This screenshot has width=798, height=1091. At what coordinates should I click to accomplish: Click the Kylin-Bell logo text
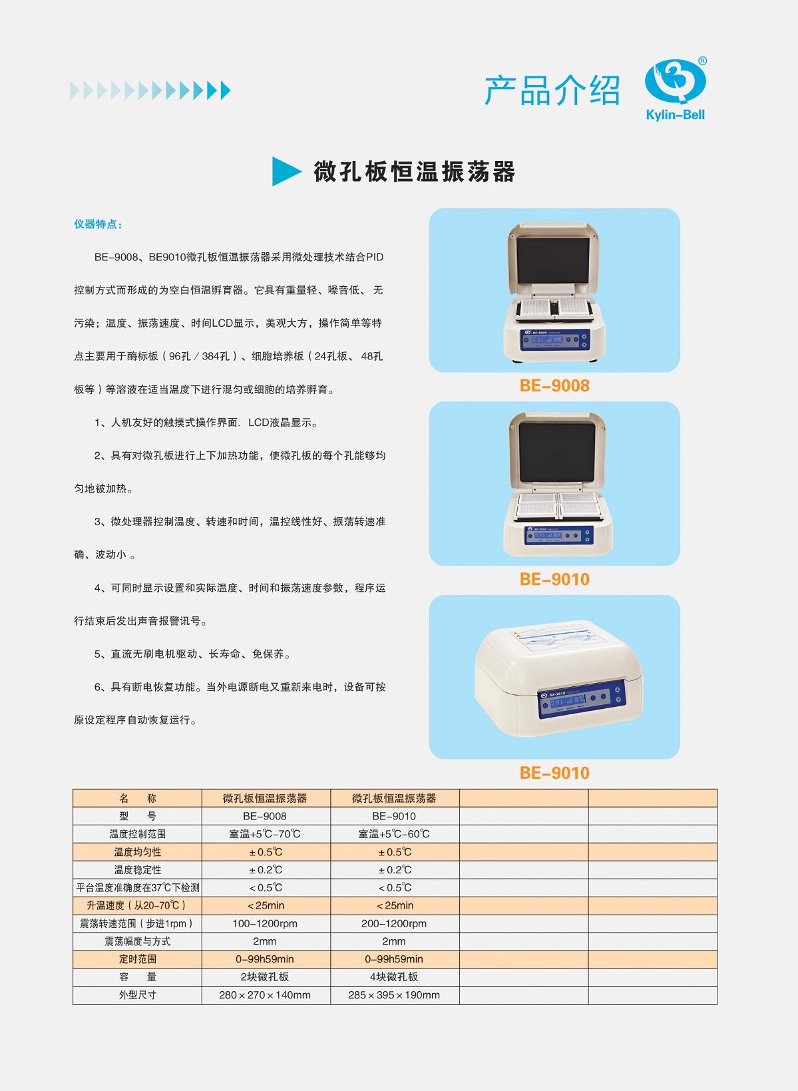[x=675, y=115]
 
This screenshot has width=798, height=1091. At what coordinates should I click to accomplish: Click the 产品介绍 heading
[x=552, y=91]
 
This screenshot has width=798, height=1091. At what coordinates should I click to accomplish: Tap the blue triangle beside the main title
[x=286, y=171]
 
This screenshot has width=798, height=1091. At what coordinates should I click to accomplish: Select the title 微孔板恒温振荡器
[x=415, y=172]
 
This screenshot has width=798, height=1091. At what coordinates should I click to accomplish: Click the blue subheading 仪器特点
[x=98, y=224]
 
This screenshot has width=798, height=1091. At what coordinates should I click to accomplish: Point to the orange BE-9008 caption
[x=554, y=386]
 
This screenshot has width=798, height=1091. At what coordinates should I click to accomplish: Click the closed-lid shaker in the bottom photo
[x=558, y=678]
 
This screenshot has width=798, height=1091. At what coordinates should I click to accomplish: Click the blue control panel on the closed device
[x=580, y=698]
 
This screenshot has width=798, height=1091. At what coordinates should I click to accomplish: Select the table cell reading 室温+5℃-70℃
[x=265, y=834]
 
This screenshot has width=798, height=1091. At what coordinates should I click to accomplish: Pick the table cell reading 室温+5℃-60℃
[x=394, y=834]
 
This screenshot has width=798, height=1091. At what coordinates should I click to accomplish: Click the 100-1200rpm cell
[x=265, y=923]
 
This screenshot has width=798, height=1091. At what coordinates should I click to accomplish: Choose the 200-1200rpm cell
[x=394, y=923]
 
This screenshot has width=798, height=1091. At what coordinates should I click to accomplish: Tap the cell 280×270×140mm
[x=265, y=995]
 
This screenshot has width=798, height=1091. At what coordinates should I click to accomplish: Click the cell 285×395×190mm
[x=394, y=995]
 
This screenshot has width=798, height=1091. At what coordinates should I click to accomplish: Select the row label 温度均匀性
[x=137, y=852]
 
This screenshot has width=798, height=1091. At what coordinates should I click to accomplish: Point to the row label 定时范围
[x=137, y=959]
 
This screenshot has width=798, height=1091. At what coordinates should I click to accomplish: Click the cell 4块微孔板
[x=394, y=977]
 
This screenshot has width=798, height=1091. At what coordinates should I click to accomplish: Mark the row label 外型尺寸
[x=137, y=995]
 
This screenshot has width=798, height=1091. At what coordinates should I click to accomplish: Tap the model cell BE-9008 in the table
[x=265, y=816]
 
